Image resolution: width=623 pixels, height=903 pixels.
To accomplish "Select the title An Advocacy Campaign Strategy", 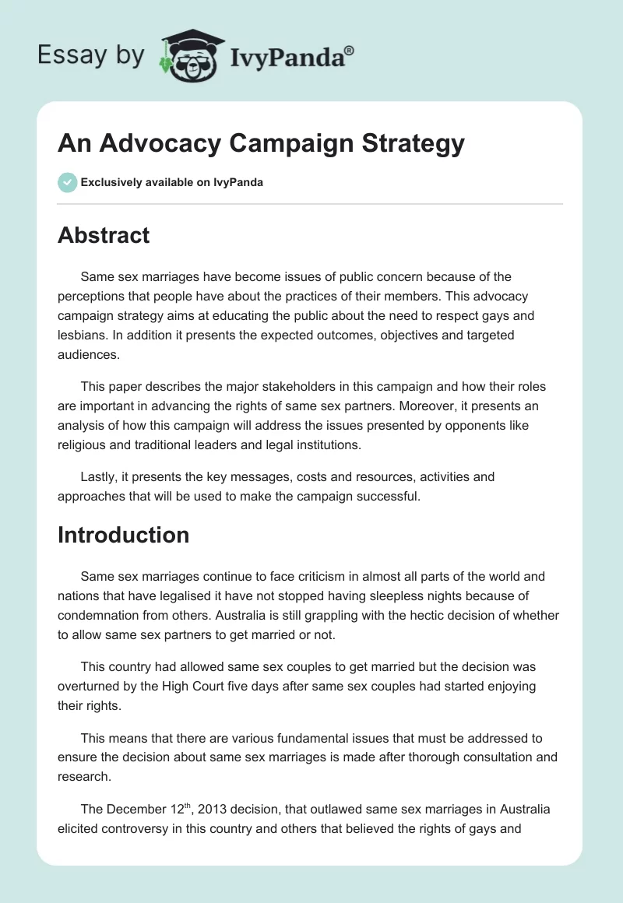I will [261, 143].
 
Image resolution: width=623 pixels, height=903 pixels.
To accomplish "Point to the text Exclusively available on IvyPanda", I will [172, 182].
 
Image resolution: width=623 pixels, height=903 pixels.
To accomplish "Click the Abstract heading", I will [104, 234].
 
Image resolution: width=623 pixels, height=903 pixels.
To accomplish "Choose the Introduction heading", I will [123, 535].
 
